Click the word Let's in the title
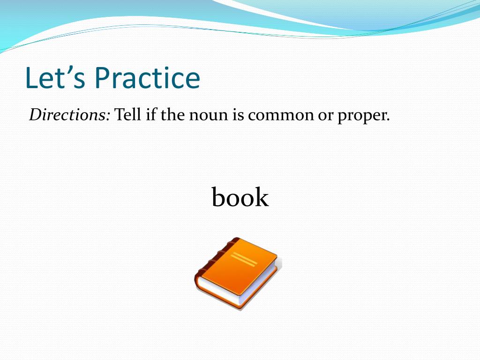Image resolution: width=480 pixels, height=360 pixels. click(55, 78)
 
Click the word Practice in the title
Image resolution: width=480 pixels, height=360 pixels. click(148, 78)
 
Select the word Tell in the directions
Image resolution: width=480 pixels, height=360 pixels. click(127, 115)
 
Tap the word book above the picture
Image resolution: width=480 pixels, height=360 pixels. click(240, 197)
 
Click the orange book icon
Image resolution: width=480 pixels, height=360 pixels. click(238, 273)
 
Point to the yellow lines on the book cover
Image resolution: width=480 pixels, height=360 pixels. click(244, 259)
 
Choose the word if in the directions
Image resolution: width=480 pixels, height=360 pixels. click(151, 115)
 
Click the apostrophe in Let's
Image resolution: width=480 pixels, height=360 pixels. click(67, 70)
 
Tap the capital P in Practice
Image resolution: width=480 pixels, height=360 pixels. click(102, 78)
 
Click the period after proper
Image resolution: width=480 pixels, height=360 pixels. click(388, 120)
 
